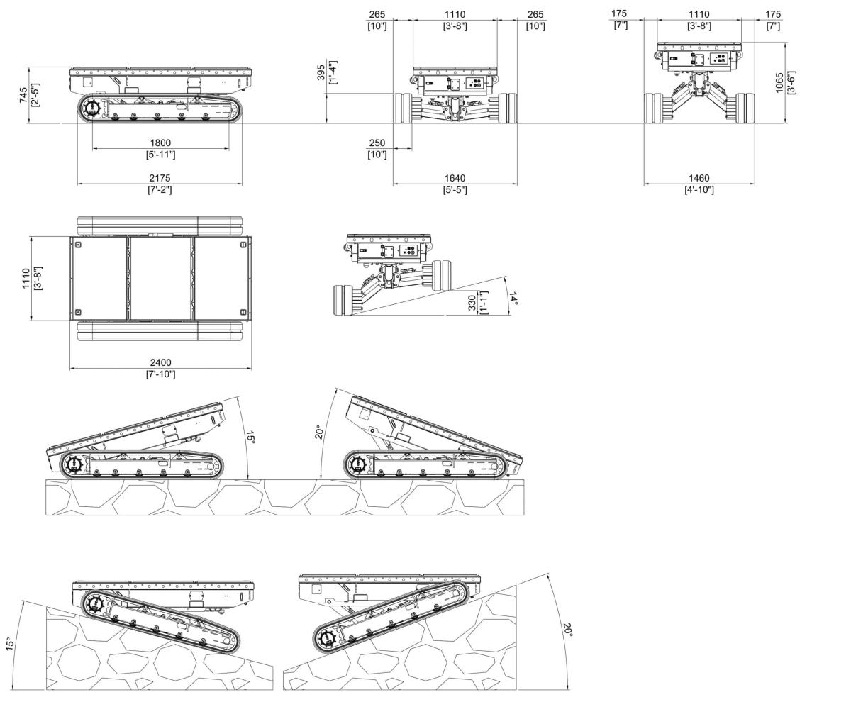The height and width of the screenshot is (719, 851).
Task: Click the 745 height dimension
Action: pos(23,95)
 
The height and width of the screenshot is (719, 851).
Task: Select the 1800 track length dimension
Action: pos(160,143)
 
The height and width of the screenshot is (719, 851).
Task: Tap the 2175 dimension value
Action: pos(160,178)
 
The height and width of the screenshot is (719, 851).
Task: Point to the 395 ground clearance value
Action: pos(321,73)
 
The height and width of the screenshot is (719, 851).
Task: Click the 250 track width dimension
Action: pos(377,143)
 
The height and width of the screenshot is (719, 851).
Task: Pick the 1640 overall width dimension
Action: pos(455,178)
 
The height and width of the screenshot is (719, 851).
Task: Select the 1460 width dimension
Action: pos(699,178)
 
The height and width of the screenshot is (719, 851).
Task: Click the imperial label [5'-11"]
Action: pos(160,154)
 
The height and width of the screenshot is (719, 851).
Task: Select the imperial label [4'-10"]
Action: pos(699,189)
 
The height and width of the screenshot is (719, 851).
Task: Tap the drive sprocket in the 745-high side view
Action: pos(91,109)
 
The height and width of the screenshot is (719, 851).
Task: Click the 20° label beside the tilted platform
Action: pos(319,432)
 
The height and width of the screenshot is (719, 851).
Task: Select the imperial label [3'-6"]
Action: pos(792,84)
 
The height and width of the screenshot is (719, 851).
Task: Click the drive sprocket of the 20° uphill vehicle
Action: pos(327,637)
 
